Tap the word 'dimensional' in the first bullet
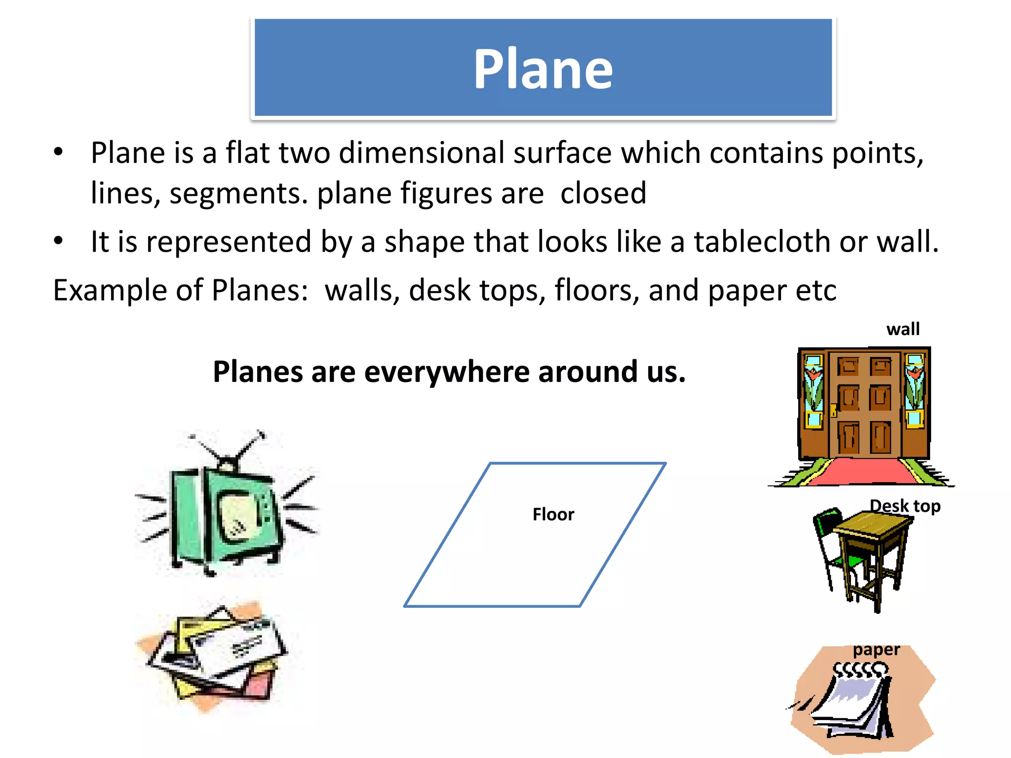click(x=421, y=152)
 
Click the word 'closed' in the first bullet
click(x=603, y=193)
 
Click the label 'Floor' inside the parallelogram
click(x=553, y=515)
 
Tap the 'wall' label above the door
click(x=902, y=329)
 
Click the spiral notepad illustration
click(x=856, y=703)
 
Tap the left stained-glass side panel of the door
click(x=813, y=390)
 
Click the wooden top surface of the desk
click(x=872, y=523)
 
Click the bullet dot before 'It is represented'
click(x=59, y=241)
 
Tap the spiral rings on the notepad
click(x=860, y=670)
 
